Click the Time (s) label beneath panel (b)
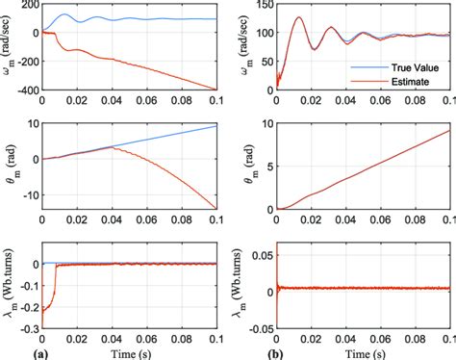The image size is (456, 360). coord(364,351)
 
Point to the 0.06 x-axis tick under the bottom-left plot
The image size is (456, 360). coord(144,339)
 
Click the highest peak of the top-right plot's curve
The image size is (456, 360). coord(299,16)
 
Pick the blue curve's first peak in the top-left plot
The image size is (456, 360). coord(64,15)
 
